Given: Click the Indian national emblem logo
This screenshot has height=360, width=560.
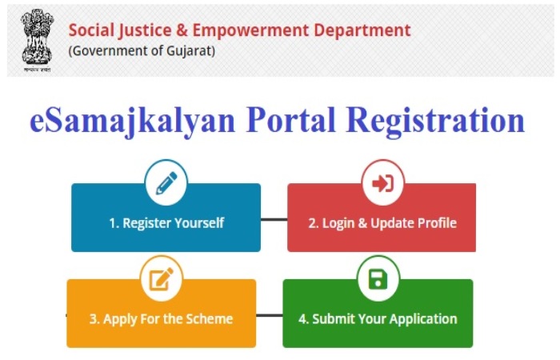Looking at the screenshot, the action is pos(37,40).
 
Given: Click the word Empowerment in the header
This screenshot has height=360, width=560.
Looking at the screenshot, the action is pos(250,30).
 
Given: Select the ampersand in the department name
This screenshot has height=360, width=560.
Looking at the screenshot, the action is pos(182,30).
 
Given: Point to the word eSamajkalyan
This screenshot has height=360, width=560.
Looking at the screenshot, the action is pos(133,121).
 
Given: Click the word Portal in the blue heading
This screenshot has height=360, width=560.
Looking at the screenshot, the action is pos(290,119).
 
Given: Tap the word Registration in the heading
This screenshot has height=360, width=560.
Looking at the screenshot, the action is pos(435,121).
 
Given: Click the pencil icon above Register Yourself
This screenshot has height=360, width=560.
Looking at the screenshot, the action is pos(166,183).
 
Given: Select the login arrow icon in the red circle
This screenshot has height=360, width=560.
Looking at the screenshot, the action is pos(383,183).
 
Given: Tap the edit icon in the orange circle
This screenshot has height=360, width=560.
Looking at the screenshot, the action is pos(161,279).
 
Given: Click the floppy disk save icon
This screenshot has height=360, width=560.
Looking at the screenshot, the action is pos(378,279).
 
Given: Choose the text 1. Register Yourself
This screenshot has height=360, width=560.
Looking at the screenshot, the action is pos(166,223).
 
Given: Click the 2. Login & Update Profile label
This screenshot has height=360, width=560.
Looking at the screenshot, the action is pos(382,223).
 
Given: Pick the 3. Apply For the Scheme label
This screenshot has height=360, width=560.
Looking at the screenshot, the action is pos(161,319).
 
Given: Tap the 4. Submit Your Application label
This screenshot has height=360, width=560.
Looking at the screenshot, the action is pos(378,319).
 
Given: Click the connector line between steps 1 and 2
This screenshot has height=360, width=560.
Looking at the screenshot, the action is pos(274,220).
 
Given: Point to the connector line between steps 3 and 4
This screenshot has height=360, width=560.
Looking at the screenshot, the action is pos(270,315).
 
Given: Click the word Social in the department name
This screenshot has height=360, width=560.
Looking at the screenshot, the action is pos(91,30).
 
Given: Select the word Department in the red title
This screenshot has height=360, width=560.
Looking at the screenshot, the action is pos(362,30).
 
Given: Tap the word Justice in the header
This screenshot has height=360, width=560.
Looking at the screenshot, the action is pos(146,30).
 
